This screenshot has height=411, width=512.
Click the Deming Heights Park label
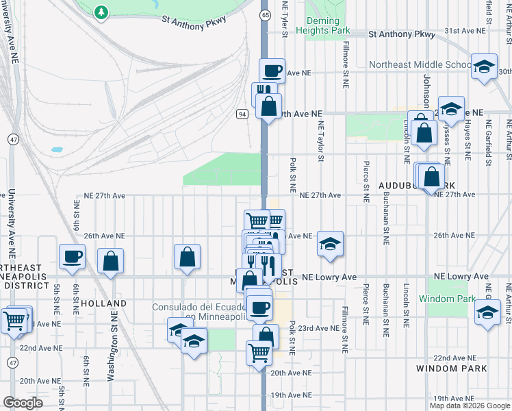pos(323,25)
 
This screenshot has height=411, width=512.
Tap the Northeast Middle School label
pos(420,65)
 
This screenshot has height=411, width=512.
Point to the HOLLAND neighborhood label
pos(103,303)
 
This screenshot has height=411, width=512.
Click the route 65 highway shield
pos(265,14)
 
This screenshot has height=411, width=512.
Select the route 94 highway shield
pos(242,114)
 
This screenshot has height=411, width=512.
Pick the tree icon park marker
pos(101,12)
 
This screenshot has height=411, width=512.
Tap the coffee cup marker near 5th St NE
pos(72,257)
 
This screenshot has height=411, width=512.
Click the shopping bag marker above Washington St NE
pos(110,260)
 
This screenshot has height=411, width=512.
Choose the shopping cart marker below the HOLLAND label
pos(14,320)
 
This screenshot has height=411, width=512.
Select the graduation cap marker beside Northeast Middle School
pos(484,66)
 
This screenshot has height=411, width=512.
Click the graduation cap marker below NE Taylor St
pos(330,244)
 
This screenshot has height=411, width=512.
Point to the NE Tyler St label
pos(283,16)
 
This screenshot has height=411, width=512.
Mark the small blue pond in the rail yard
pos(57,149)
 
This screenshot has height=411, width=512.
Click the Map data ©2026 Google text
pos(470,406)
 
